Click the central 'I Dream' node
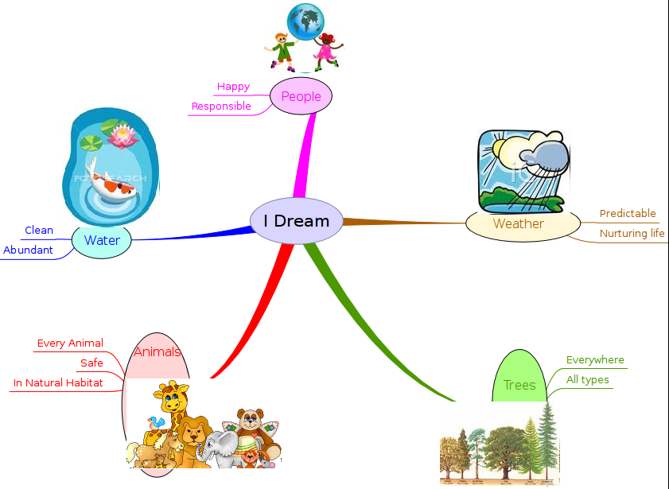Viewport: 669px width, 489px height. (296, 221)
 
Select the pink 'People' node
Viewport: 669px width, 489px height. (301, 97)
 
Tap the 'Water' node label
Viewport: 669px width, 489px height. (102, 240)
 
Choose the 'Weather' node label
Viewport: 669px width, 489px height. (518, 223)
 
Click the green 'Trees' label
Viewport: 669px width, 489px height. (519, 386)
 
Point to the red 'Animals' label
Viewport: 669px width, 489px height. (157, 351)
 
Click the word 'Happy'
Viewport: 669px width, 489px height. (233, 87)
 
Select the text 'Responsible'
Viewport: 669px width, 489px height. (221, 107)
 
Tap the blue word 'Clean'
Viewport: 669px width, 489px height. (39, 231)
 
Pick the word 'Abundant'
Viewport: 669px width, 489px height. (28, 250)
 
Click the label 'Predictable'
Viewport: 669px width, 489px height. (628, 214)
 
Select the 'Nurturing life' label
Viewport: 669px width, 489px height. (632, 234)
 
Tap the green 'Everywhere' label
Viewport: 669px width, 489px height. (595, 360)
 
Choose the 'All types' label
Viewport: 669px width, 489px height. (587, 380)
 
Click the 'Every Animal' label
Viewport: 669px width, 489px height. (70, 343)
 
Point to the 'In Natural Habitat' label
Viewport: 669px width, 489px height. (58, 383)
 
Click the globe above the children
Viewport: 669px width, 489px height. (306, 20)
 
